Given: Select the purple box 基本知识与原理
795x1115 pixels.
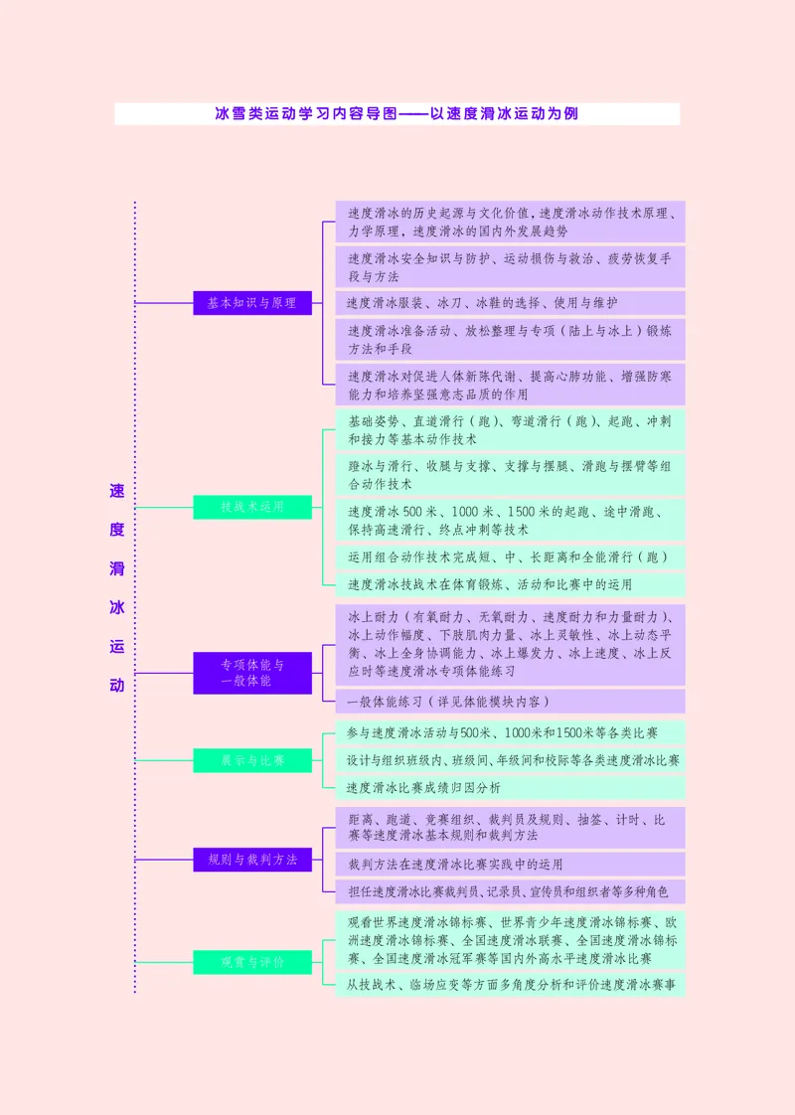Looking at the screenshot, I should tap(252, 303).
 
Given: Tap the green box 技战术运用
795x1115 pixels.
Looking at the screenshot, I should tap(252, 507).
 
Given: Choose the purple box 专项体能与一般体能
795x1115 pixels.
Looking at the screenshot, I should tap(252, 673).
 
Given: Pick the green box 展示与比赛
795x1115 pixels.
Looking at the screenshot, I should tap(252, 760).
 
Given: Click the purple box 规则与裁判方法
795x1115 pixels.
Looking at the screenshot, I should tap(252, 860).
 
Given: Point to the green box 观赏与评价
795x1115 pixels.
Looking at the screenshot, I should tap(252, 962).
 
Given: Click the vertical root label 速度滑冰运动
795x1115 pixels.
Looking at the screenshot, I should tap(117, 587).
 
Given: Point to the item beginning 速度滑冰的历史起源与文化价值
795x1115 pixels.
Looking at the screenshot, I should tap(510, 222).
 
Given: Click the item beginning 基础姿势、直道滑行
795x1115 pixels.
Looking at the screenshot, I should tap(510, 429).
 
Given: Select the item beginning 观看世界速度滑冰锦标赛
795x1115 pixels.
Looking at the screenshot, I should tap(510, 940).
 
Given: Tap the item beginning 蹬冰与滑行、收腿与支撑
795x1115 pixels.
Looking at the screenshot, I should tap(510, 474).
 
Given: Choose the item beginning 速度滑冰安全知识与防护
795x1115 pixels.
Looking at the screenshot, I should tap(510, 266).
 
